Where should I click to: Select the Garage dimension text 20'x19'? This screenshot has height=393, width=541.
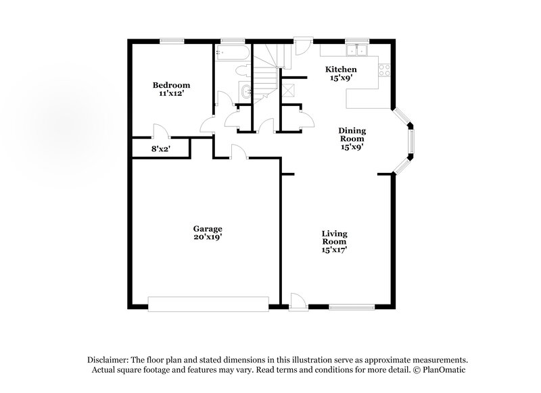click(x=208, y=237)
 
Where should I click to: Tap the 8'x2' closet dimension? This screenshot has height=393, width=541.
click(x=161, y=149)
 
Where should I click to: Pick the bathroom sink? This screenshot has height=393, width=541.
click(x=245, y=93)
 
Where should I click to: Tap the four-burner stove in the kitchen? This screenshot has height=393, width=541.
click(x=384, y=70)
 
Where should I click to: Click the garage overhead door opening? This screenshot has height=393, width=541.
click(x=208, y=305)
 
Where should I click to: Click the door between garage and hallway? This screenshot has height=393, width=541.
click(x=239, y=153)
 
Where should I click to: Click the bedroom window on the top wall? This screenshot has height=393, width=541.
click(x=172, y=41)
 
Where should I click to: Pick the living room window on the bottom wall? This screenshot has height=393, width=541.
click(x=352, y=307)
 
